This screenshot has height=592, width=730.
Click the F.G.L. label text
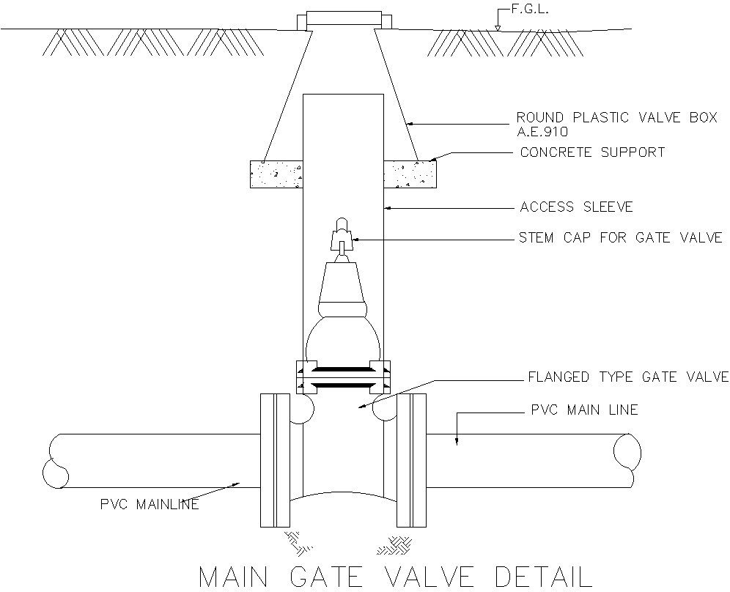click(528, 11)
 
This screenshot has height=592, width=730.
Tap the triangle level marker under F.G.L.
click(498, 28)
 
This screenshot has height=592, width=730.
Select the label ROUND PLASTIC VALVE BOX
click(616, 118)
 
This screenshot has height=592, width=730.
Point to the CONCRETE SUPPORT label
click(592, 152)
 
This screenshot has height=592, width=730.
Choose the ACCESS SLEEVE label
click(576, 207)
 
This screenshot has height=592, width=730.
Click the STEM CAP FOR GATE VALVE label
click(621, 237)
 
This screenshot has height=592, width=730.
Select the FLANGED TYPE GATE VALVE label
click(628, 377)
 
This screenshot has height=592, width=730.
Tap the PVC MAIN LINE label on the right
click(584, 410)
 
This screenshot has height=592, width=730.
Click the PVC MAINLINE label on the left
click(150, 504)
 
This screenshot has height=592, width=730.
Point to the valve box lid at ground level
click(344, 19)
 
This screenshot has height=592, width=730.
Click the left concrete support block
click(277, 174)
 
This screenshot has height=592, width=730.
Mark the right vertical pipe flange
click(411, 459)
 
